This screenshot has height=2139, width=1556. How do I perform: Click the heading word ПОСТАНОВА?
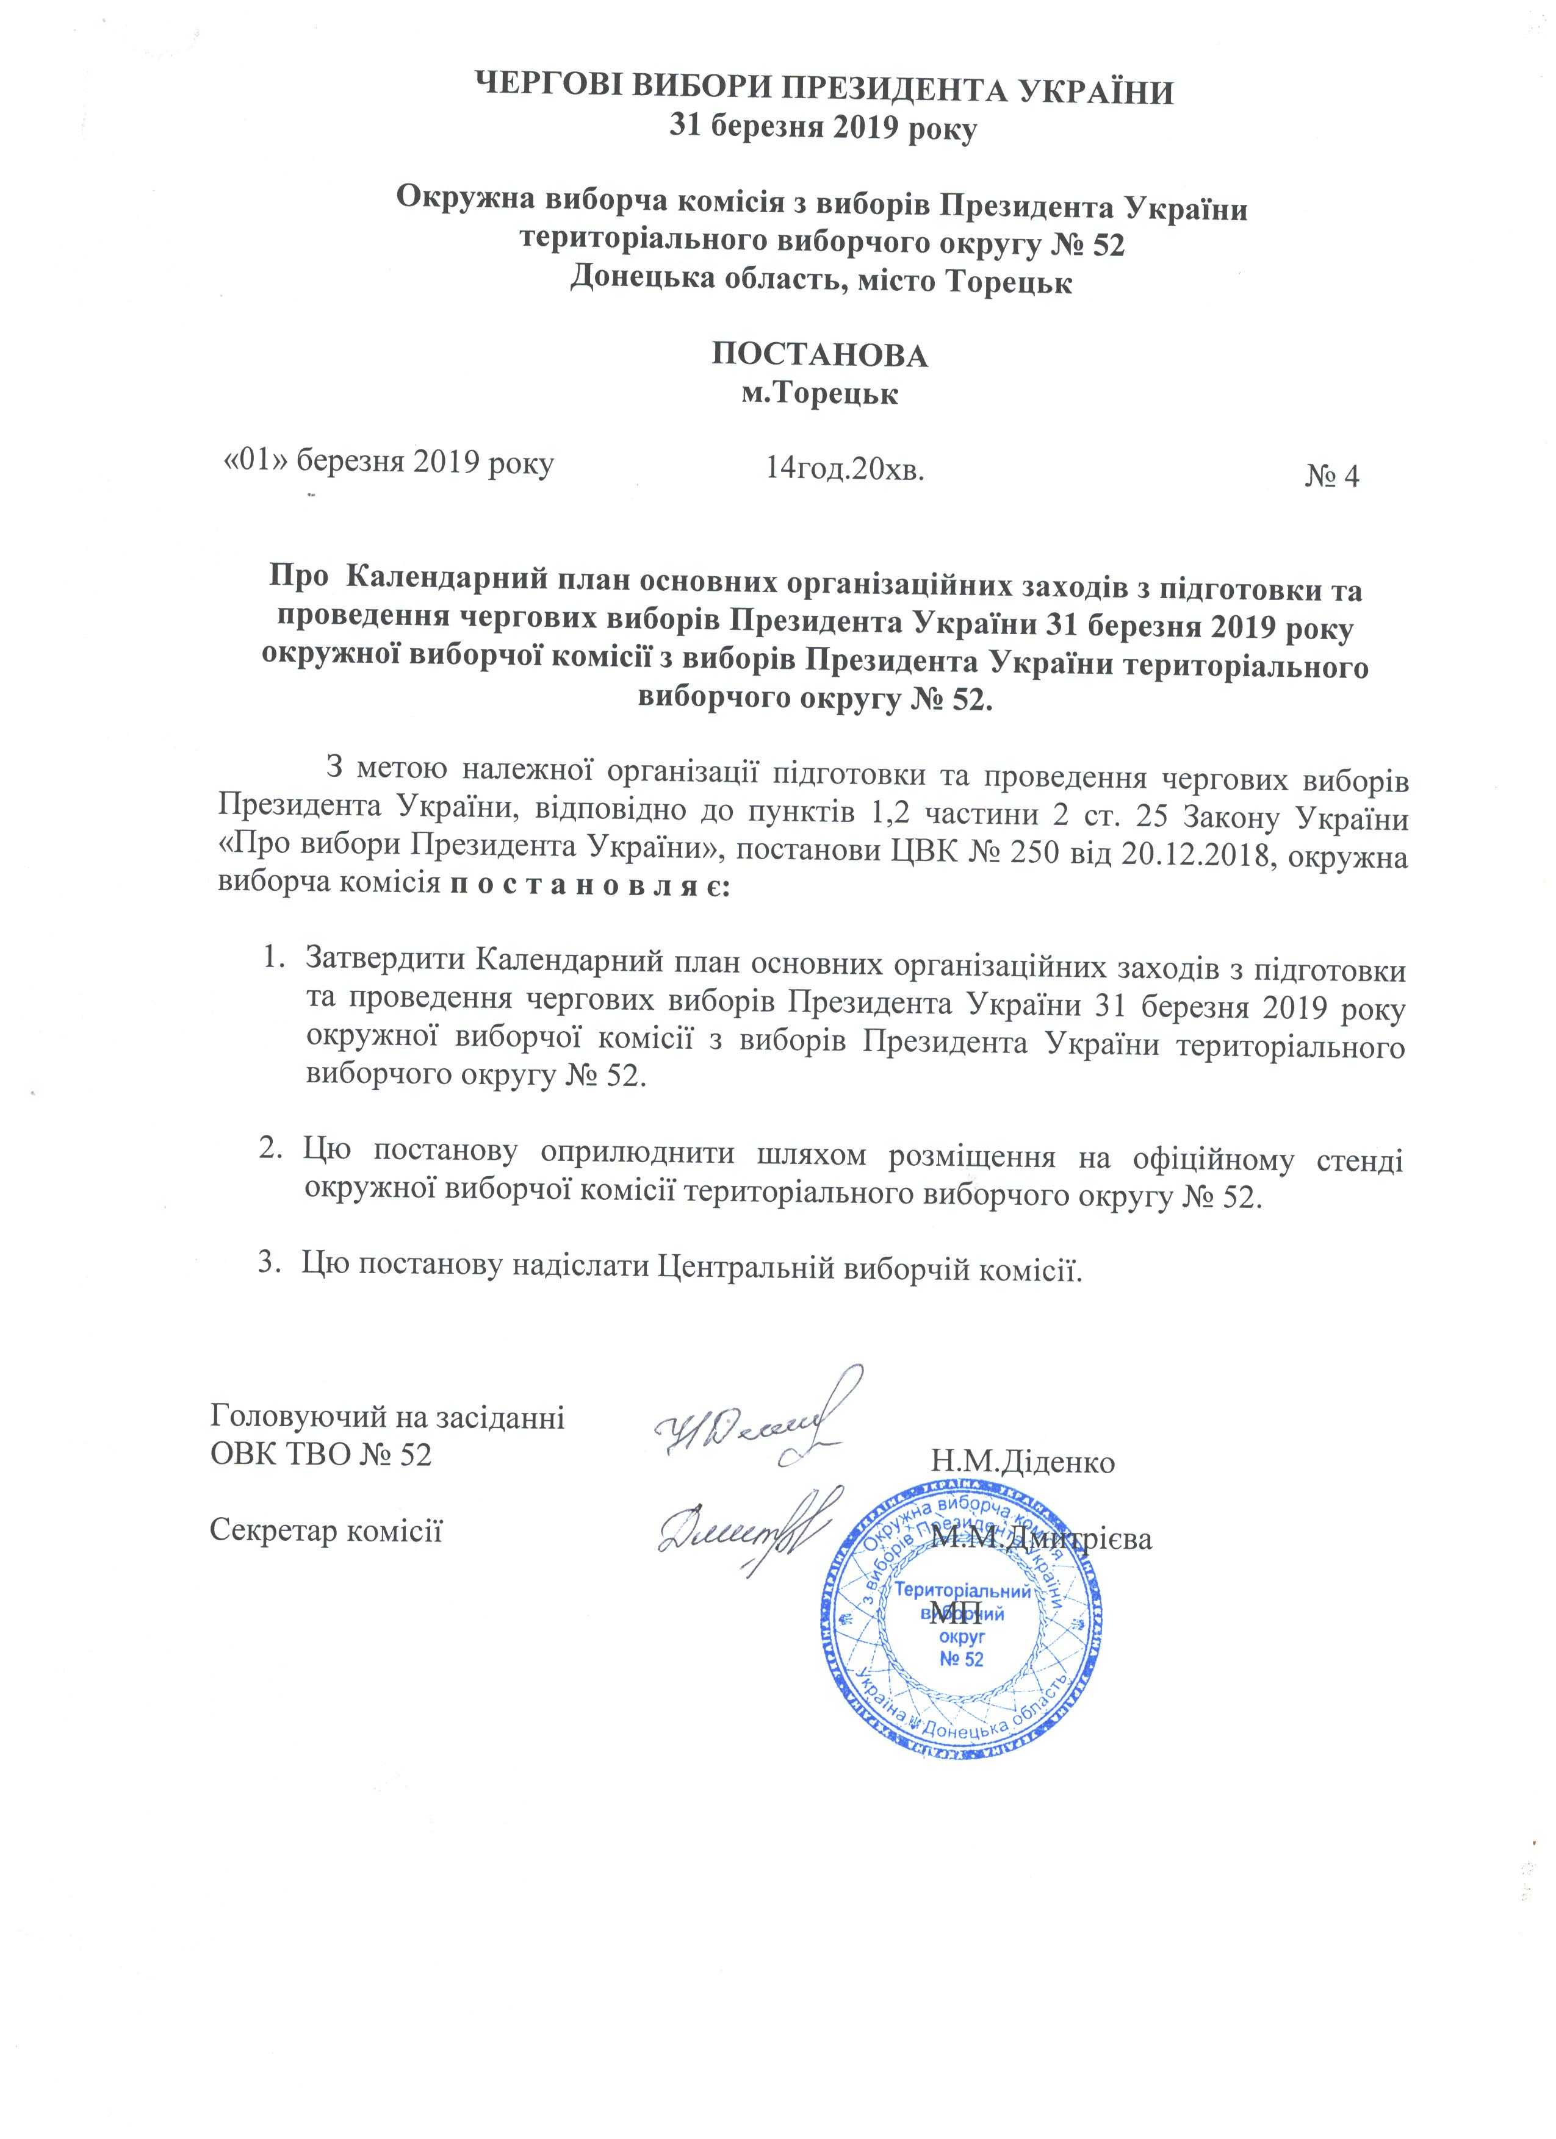click(x=819, y=355)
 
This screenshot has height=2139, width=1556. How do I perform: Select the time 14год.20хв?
click(x=845, y=468)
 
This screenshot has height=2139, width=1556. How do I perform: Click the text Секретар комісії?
click(x=326, y=1530)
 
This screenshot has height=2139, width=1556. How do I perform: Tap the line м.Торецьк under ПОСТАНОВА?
click(x=819, y=392)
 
